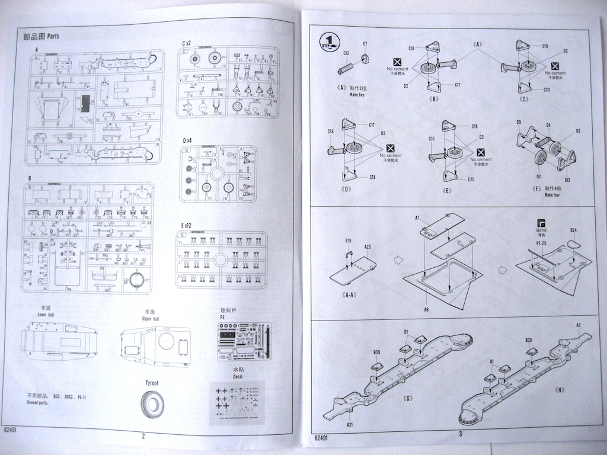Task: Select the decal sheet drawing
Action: point(237,402)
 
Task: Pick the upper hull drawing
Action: point(155,344)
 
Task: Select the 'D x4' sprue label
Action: point(187,140)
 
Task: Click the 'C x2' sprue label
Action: point(186,43)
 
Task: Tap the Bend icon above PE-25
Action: point(541,226)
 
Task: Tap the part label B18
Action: point(349,241)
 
